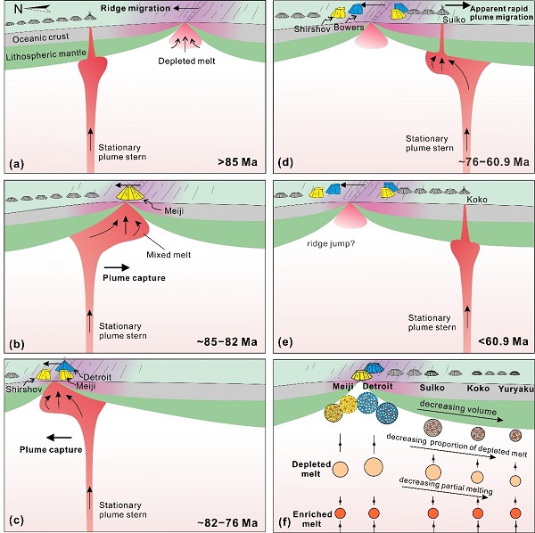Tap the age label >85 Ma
(237, 163)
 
